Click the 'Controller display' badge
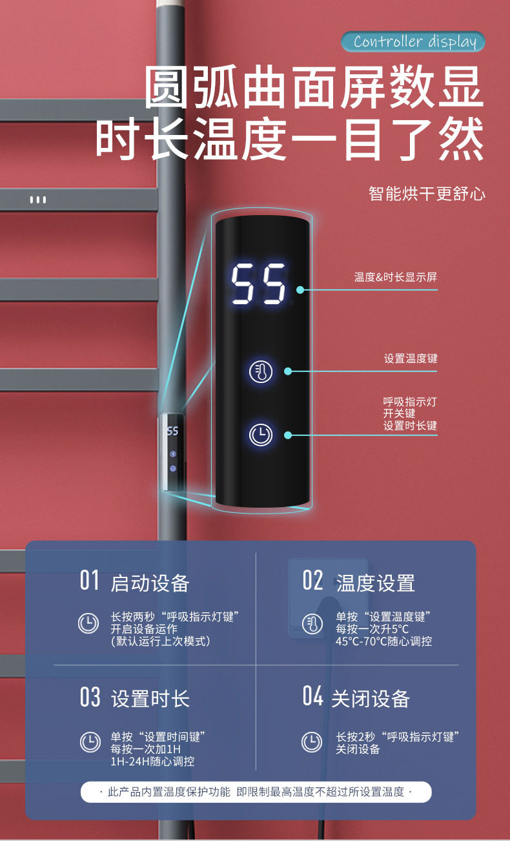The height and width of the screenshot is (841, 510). (x=413, y=42)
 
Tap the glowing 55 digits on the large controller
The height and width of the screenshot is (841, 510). (x=259, y=284)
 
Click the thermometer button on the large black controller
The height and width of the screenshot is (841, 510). (x=261, y=371)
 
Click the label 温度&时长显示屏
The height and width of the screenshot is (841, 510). (x=395, y=277)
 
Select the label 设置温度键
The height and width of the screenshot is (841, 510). (x=410, y=358)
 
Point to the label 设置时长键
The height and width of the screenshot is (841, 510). (x=410, y=426)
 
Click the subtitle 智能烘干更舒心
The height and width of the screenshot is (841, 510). (x=427, y=194)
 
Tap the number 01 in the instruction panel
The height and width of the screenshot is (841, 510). (x=89, y=581)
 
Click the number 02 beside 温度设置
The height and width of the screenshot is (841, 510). (x=312, y=581)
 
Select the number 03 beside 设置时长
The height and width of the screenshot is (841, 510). (x=90, y=698)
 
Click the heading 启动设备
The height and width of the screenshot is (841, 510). (x=150, y=583)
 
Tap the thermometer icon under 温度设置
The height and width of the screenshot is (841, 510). (x=312, y=624)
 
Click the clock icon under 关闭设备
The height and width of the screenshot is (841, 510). (x=312, y=742)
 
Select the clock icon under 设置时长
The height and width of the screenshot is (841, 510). (x=90, y=742)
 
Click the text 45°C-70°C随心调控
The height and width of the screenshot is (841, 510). (x=383, y=641)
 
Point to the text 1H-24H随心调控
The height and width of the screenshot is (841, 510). (x=152, y=762)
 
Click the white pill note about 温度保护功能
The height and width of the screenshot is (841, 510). (x=256, y=792)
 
